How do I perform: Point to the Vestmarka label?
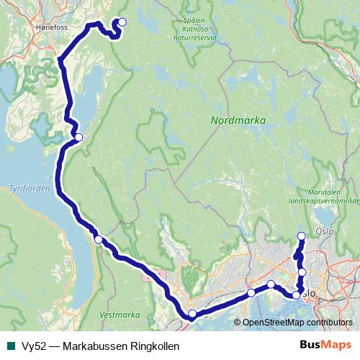pos(119,315)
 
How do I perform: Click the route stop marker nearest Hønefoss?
pos(122,22)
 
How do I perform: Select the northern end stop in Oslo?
pos(301,236)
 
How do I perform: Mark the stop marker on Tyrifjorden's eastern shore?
pos(98,240)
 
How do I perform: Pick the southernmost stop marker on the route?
pos(192,313)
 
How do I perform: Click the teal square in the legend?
pos(10,346)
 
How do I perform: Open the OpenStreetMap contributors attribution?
pos(297,323)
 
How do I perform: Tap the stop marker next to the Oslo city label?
pos(296,294)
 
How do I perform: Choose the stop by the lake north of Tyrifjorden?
pos(78,137)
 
